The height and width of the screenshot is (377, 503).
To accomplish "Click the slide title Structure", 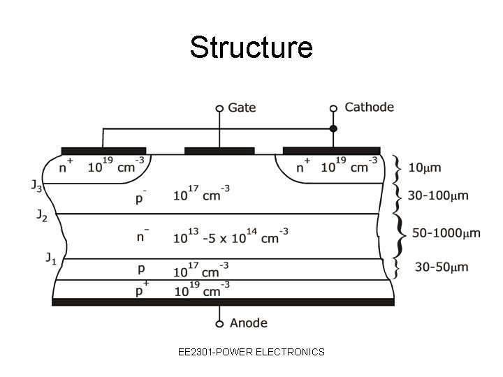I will pos(251,47).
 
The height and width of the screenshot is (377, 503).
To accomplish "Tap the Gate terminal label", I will pos(242,108).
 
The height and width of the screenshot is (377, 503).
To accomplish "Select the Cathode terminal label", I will pos(369,107).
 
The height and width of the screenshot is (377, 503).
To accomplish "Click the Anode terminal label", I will pos(248,323).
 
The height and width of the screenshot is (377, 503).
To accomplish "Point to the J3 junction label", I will pos(36,186).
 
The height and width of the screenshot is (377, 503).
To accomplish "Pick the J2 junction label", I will pos(42,216).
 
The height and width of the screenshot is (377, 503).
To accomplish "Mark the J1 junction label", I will pos(51,259).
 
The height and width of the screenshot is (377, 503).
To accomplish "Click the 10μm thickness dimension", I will pos(424,168).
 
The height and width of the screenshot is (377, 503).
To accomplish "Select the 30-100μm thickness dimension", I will pos(438,196).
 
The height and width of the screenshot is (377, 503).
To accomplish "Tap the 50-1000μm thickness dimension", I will pos(446,232).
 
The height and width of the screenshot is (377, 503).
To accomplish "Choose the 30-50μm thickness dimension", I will pos(442,267).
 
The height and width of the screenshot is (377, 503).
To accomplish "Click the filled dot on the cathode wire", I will pos(333,128).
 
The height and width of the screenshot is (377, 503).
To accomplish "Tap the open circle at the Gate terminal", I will pos(219,108).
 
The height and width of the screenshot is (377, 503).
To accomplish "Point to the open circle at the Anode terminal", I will pos(219,324).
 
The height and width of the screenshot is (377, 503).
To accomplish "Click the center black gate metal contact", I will pos(219,150).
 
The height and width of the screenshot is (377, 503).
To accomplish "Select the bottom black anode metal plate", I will pos(223,302).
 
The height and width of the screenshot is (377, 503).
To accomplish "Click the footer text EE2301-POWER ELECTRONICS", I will pos(251,352).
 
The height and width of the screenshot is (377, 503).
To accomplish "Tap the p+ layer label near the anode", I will pos(140,290).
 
